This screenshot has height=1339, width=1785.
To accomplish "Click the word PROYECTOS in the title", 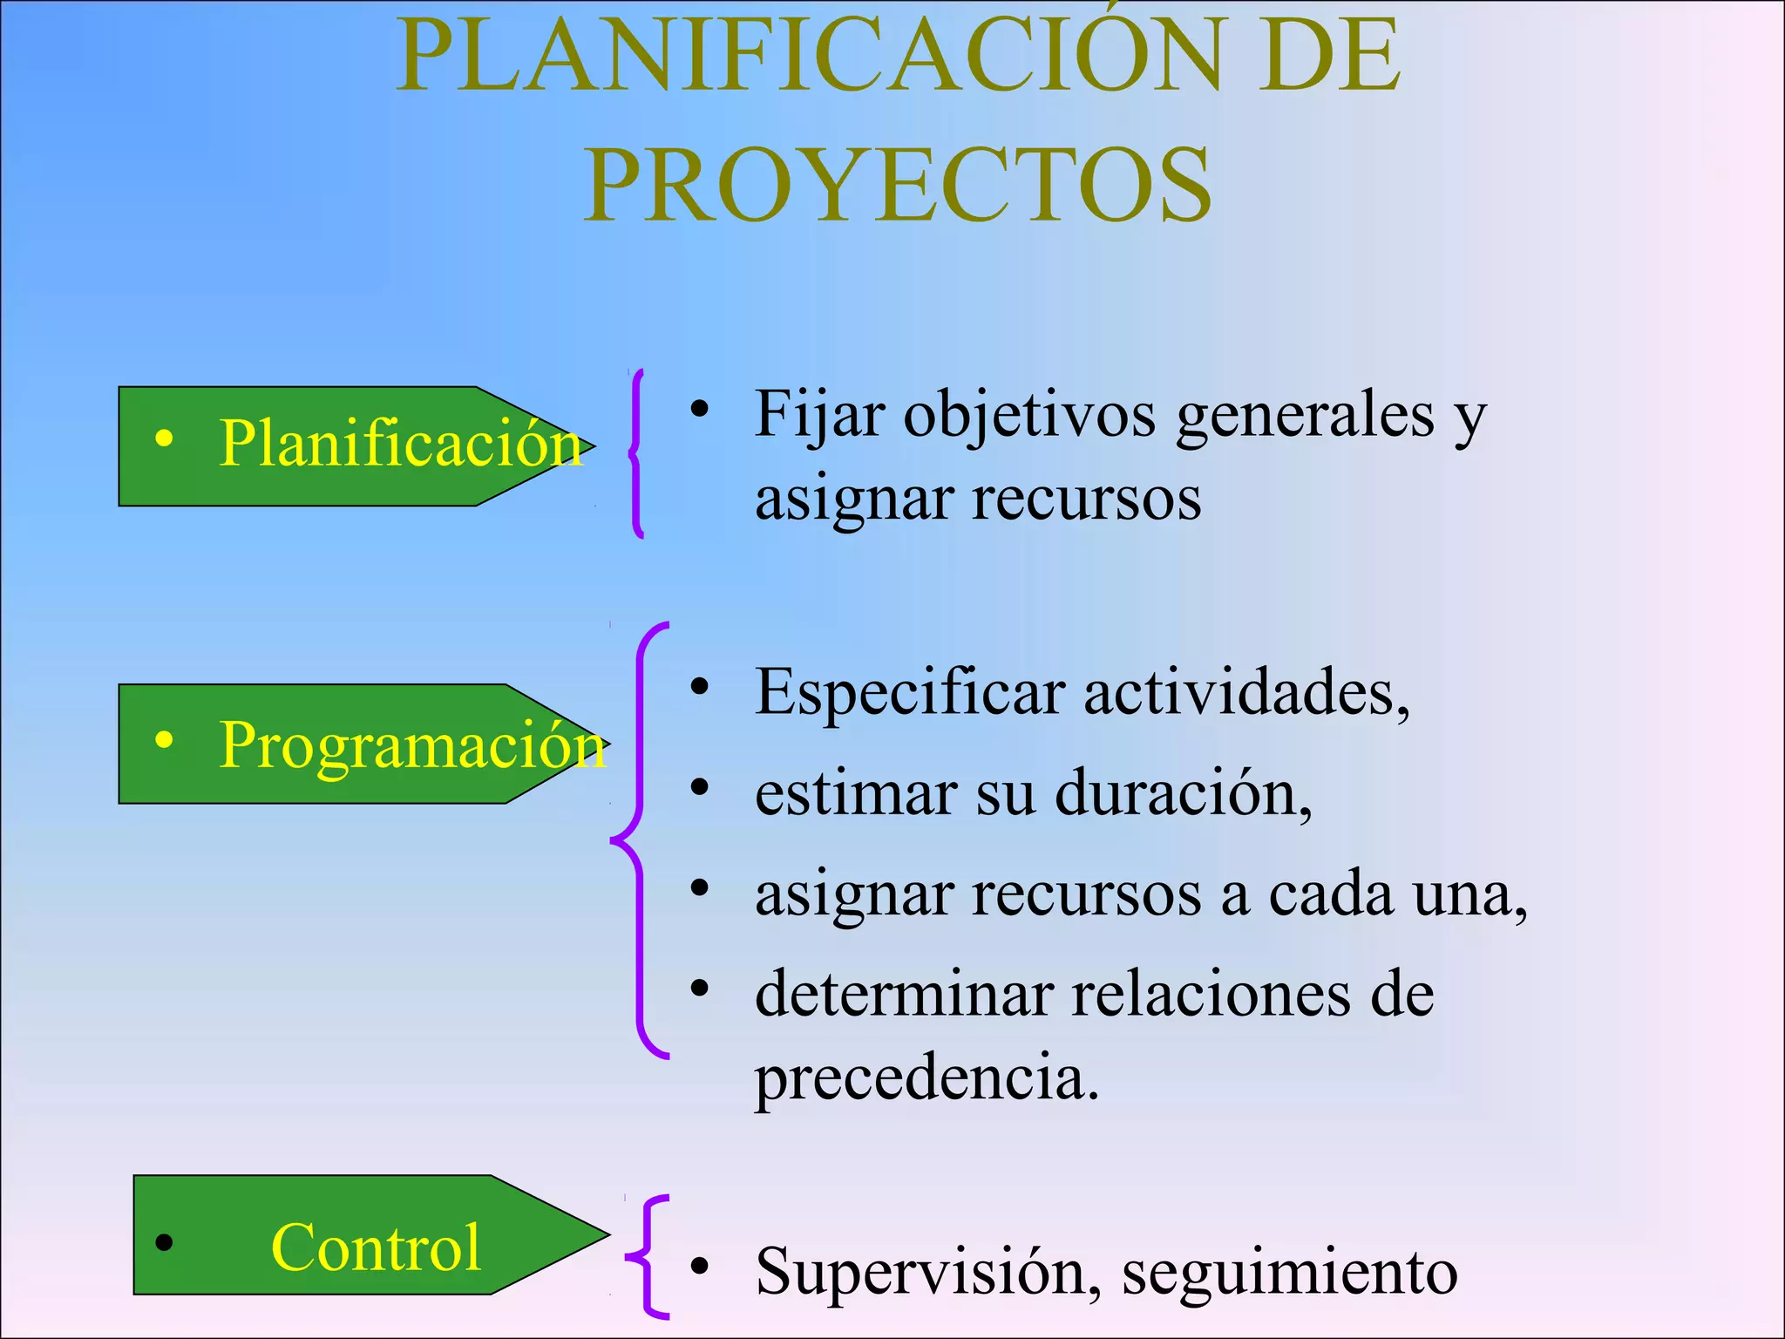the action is [898, 185].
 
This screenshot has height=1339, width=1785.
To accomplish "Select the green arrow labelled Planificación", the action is [349, 446].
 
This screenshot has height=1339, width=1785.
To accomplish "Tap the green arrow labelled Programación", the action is [357, 744].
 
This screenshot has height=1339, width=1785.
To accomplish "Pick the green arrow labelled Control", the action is [366, 1234].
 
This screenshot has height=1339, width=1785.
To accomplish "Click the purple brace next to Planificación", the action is [637, 453].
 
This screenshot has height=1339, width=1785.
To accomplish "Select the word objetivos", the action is [1030, 415].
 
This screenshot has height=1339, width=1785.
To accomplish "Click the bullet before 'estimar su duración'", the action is [699, 787].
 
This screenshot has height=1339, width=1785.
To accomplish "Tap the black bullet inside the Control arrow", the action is [164, 1241].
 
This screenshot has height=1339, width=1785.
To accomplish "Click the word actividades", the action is [1246, 693].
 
